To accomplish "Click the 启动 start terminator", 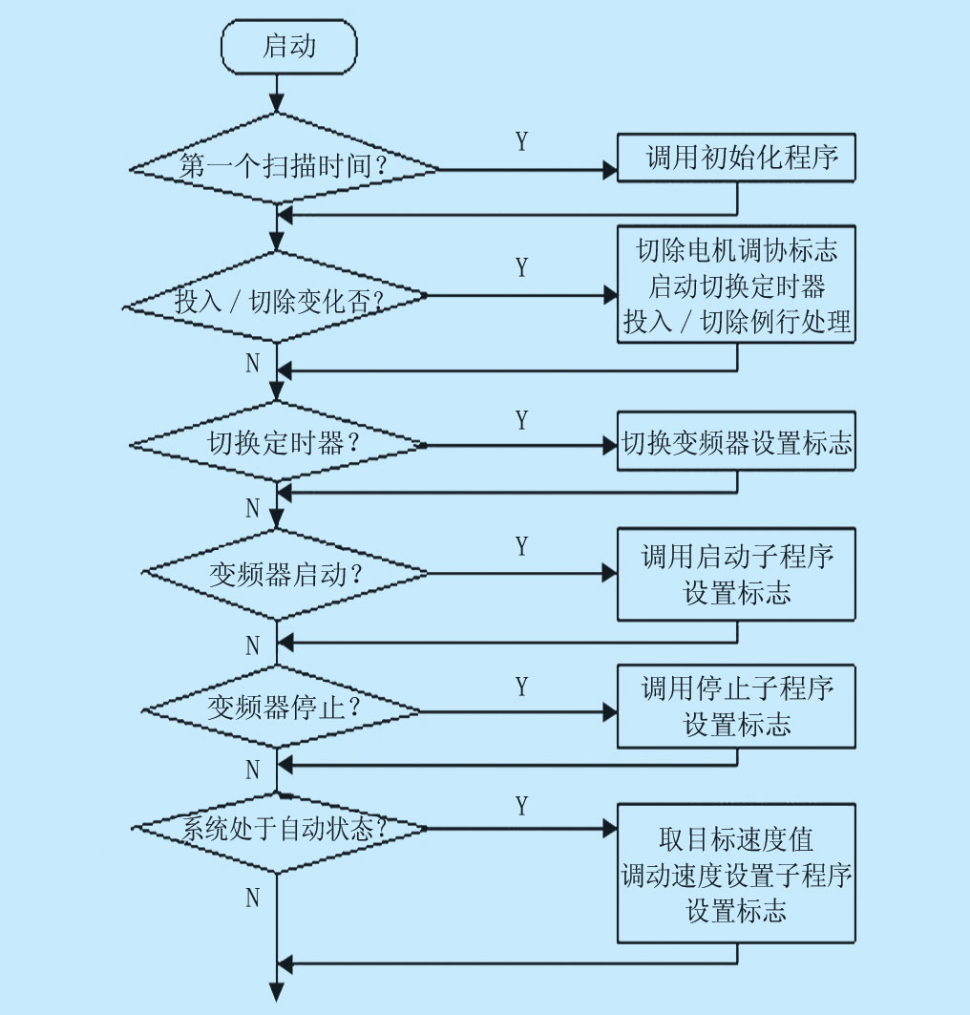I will (x=288, y=46).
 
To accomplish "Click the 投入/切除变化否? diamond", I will (x=277, y=301).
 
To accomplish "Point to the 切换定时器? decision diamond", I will (x=278, y=445).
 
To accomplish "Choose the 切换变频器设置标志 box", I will (x=736, y=444).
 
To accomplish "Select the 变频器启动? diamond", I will (x=284, y=575).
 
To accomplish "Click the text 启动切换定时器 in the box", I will (x=736, y=285).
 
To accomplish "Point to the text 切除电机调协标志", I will (x=736, y=250).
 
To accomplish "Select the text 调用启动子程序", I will (x=736, y=557).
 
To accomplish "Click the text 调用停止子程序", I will (x=736, y=688).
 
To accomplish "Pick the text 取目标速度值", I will (x=736, y=840).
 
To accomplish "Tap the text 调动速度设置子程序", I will (x=736, y=876).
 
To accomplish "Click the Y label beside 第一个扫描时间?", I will (x=521, y=142).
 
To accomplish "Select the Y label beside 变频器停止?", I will (x=521, y=687).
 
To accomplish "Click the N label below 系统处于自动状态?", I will (x=253, y=898).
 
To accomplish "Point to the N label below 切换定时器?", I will (x=253, y=508).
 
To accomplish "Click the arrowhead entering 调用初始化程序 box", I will (x=610, y=170).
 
